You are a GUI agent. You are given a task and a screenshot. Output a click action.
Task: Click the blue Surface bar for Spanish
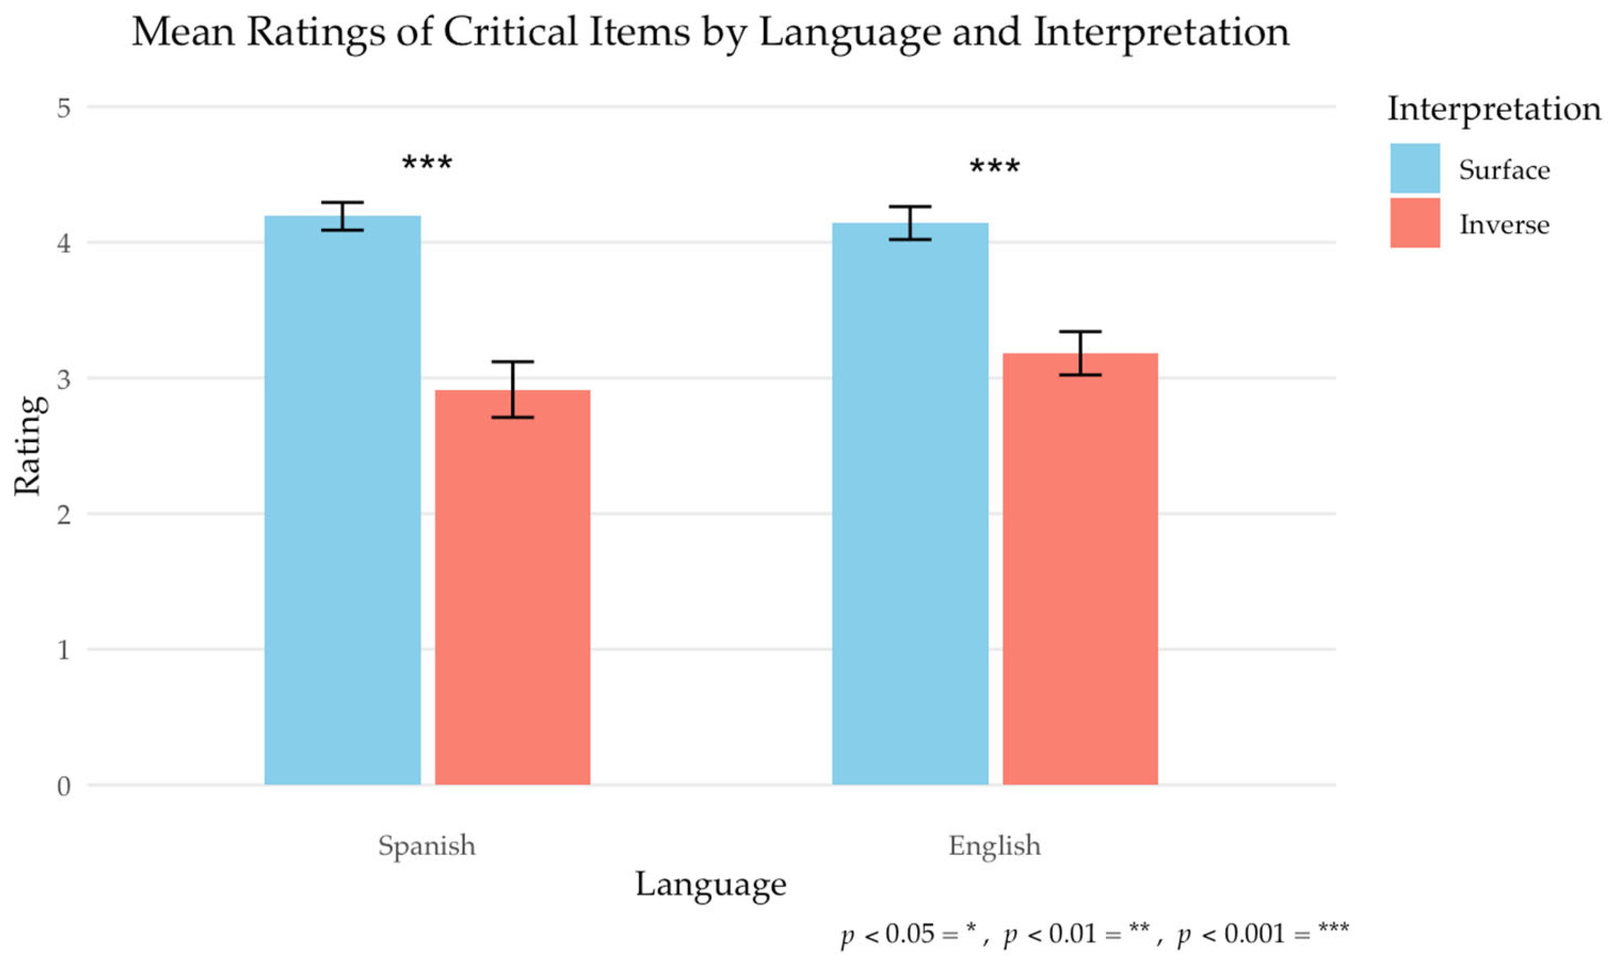pos(342,500)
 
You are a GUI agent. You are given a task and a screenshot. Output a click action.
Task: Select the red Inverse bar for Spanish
pos(513,587)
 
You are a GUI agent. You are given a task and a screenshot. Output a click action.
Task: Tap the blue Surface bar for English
pos(910,504)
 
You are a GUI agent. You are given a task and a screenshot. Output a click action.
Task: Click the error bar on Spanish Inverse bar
pos(513,389)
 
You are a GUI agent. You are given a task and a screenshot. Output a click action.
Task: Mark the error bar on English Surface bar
pos(910,223)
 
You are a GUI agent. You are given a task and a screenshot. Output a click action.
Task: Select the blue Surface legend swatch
pos(1415,168)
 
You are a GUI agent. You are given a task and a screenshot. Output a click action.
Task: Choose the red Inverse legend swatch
pos(1415,223)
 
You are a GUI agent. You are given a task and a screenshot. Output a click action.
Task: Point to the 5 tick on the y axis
pos(63,108)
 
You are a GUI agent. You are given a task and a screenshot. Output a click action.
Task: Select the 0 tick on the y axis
pos(63,786)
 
